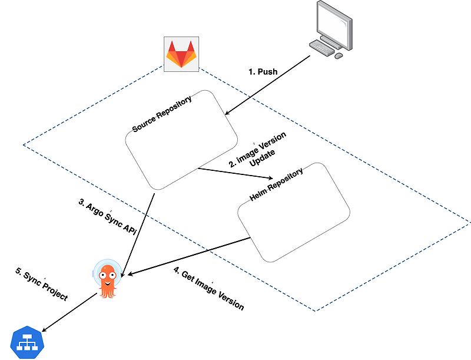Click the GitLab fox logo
[x=181, y=54]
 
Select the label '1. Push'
[x=263, y=71]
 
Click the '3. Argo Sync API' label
[x=107, y=219]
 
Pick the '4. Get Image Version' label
[x=208, y=289]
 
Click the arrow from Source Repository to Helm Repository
[x=235, y=174]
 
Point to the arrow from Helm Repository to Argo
[x=188, y=256]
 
